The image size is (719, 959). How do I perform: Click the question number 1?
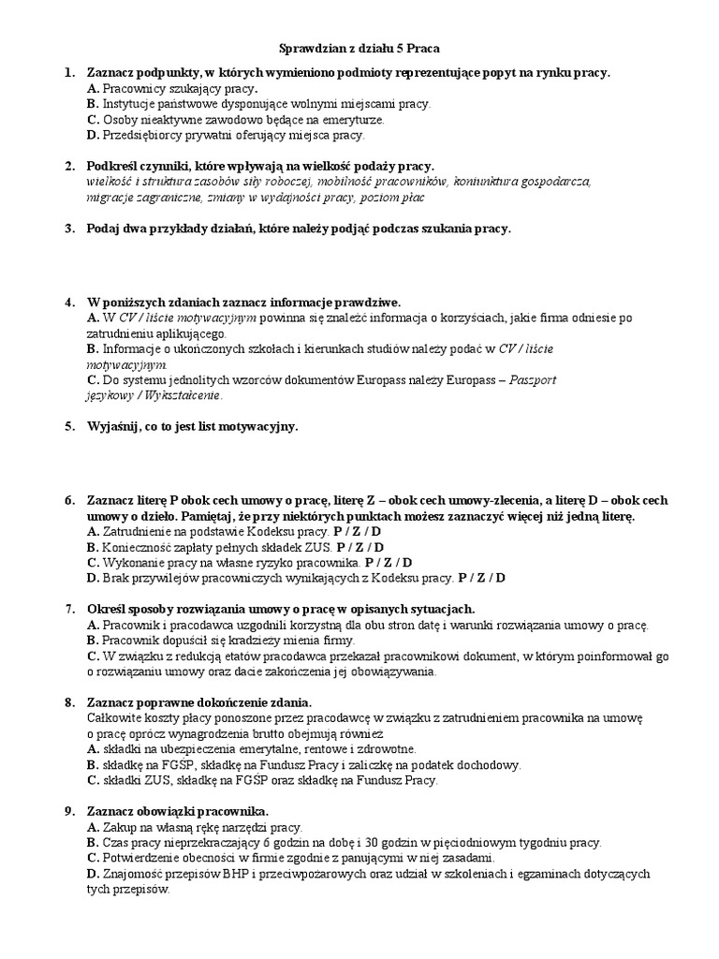tap(68, 72)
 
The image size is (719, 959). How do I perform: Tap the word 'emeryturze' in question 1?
tap(354, 120)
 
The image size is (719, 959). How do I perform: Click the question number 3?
tap(68, 229)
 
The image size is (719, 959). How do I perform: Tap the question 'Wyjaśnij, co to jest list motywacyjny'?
tap(193, 427)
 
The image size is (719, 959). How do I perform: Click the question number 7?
tap(68, 609)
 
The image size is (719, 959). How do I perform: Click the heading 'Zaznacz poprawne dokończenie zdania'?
tap(198, 701)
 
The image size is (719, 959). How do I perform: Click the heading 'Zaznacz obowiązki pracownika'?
tap(178, 810)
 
